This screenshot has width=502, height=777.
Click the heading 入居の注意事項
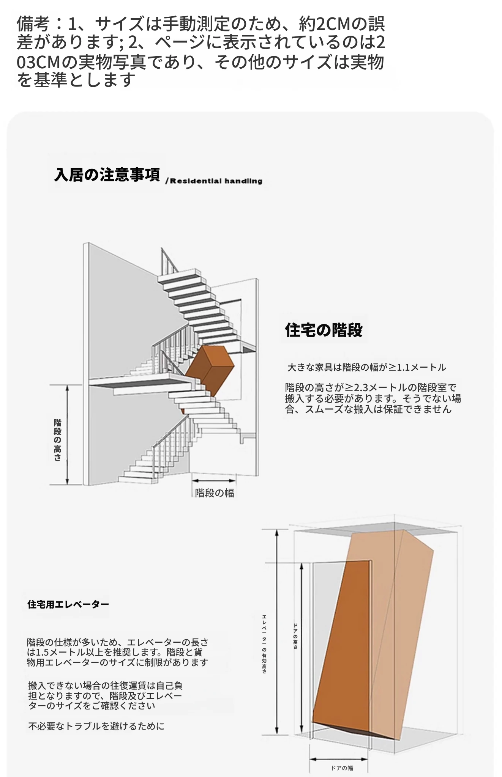click(107, 175)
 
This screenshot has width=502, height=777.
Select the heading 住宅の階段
click(324, 330)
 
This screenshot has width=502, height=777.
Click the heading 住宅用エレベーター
click(68, 604)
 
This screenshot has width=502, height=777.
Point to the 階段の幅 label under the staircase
click(215, 493)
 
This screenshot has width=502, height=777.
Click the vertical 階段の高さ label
click(57, 440)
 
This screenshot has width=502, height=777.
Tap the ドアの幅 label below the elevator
click(342, 768)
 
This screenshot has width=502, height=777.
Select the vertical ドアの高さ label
click(295, 636)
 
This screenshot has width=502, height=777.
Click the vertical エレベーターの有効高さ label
click(264, 644)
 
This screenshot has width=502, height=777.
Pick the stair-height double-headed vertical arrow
click(68, 435)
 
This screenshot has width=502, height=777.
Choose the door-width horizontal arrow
click(339, 759)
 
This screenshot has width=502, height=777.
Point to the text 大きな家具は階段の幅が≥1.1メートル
click(367, 367)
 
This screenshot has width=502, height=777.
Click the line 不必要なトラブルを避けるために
click(96, 726)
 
